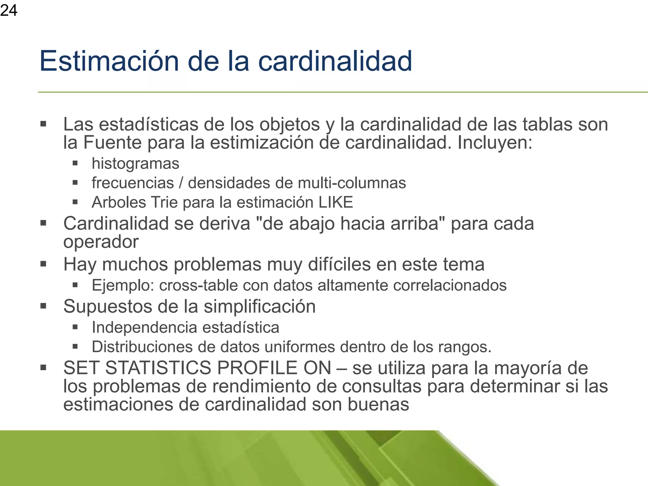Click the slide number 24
[9, 10]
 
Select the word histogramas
[135, 164]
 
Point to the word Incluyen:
[495, 142]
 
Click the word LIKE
[336, 202]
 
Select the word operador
[101, 242]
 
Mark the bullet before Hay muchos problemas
[43, 264]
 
